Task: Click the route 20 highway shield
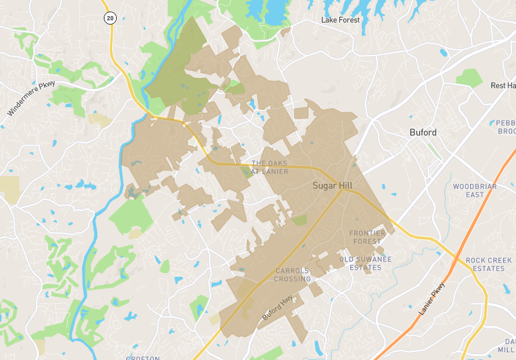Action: click(x=110, y=18)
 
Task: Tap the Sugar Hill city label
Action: click(x=333, y=185)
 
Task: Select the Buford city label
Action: click(x=423, y=132)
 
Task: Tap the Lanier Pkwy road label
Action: click(x=432, y=299)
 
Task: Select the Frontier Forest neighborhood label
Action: click(x=367, y=237)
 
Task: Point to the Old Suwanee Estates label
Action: click(x=366, y=263)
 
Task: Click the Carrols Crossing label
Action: click(x=293, y=275)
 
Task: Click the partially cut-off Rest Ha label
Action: click(x=503, y=85)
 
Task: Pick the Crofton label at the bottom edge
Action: click(x=143, y=357)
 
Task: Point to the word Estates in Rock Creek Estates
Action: click(x=488, y=268)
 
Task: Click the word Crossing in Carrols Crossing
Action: click(x=293, y=279)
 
